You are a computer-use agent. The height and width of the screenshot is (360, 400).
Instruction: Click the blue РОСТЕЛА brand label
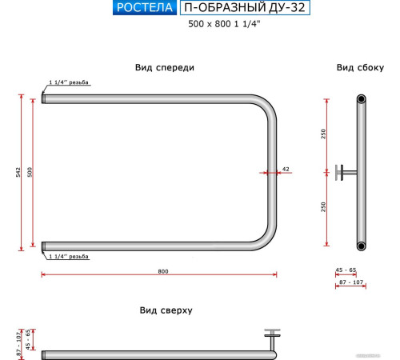pos(144,9)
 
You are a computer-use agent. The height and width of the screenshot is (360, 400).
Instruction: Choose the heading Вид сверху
pos(166,310)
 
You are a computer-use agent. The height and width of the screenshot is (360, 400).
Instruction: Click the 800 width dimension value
pos(163,271)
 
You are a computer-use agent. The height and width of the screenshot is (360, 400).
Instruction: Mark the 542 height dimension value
pos(18,173)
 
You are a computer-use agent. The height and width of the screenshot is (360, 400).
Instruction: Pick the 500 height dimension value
pos(30,173)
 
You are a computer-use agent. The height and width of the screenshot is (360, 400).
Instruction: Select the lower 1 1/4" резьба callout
pos(68,257)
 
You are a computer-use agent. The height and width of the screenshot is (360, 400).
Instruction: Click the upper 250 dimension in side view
pos(323,134)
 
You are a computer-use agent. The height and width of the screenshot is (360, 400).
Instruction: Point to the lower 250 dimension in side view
pos(323,206)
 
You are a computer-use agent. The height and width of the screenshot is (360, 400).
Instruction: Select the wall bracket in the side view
pos(346,171)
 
